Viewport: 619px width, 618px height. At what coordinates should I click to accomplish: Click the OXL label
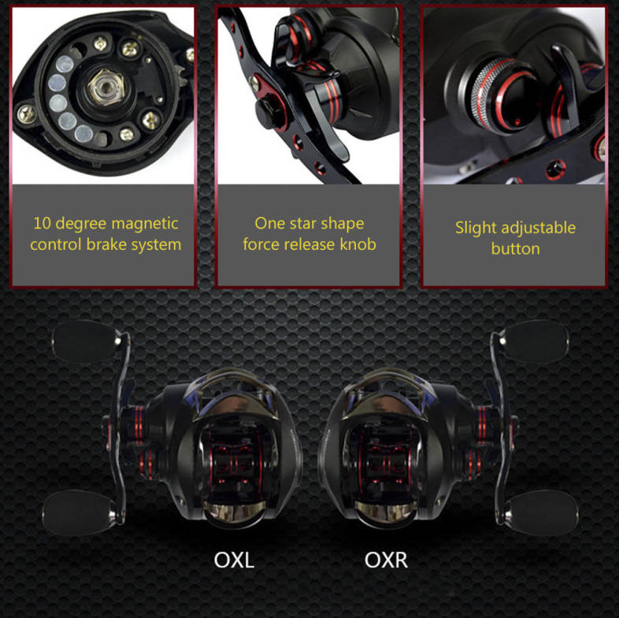pyautogui.click(x=234, y=560)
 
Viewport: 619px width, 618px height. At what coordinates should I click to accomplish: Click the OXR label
pyautogui.click(x=386, y=560)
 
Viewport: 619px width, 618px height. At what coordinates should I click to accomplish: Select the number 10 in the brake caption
pyautogui.click(x=42, y=223)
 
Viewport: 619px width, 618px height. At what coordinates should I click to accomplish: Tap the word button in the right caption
pyautogui.click(x=515, y=249)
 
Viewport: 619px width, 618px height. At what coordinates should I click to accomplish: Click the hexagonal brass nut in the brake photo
pyautogui.click(x=106, y=87)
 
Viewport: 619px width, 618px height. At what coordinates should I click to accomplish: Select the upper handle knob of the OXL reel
pyautogui.click(x=85, y=341)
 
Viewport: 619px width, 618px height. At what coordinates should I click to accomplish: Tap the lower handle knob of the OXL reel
pyautogui.click(x=78, y=512)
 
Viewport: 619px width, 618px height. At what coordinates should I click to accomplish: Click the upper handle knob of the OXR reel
pyautogui.click(x=535, y=341)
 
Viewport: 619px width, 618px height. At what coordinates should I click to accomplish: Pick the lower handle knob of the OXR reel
pyautogui.click(x=542, y=512)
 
